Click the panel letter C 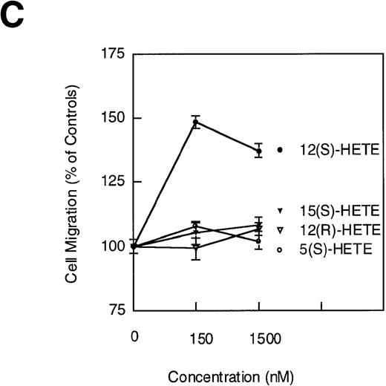(14, 16)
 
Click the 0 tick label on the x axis (134, 337)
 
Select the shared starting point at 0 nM (134, 246)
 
